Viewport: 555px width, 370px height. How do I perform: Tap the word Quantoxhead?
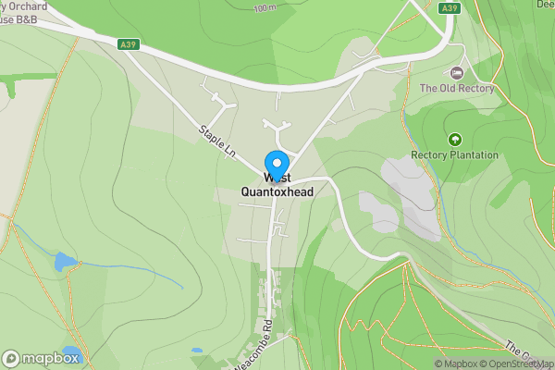(x=277, y=191)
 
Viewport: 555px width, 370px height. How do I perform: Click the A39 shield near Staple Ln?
(x=128, y=43)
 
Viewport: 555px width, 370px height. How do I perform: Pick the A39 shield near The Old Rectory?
(x=450, y=8)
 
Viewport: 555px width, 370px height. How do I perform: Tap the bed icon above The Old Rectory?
(x=455, y=72)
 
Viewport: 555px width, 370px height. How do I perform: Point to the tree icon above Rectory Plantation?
(x=454, y=140)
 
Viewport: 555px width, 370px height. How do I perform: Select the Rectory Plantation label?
(x=454, y=155)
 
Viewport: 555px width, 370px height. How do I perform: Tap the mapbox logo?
(x=42, y=358)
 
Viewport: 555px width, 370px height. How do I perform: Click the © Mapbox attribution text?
(x=462, y=364)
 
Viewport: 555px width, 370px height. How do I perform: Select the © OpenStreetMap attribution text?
(x=523, y=364)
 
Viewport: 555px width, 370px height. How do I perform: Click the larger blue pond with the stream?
(x=66, y=262)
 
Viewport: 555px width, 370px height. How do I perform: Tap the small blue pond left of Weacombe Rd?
(x=196, y=351)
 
